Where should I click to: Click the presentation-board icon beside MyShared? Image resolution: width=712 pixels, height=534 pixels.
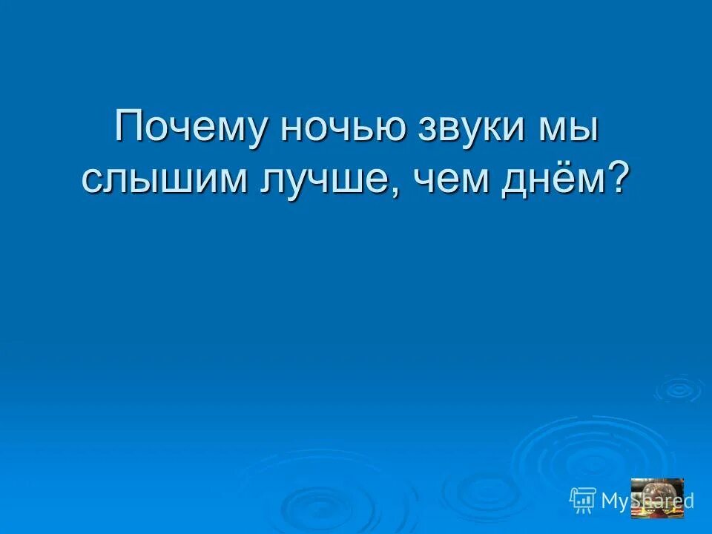[x=584, y=500]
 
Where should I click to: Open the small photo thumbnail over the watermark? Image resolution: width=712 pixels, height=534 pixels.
[x=656, y=497]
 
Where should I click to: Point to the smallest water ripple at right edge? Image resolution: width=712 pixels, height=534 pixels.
[x=677, y=388]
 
